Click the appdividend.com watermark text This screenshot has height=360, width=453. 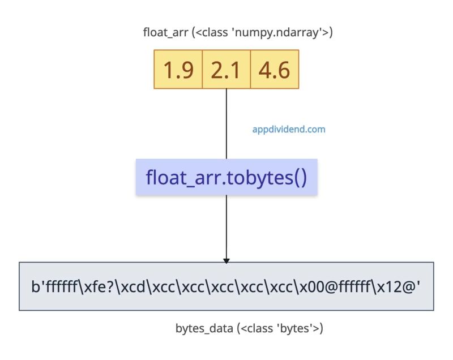pos(289,129)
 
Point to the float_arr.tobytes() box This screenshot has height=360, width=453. pos(226,177)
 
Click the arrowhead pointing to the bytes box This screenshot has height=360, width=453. pos(226,260)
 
